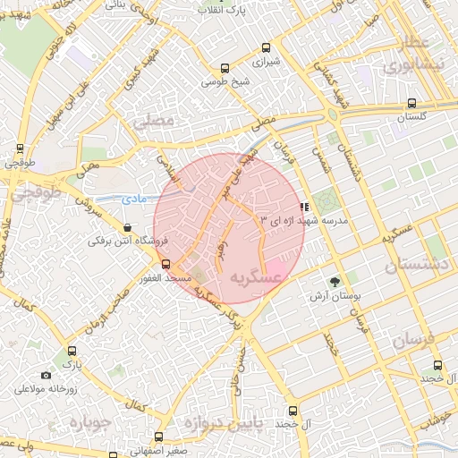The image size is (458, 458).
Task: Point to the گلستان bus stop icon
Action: [x=411, y=102]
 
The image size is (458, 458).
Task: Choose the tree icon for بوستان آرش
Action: [x=335, y=281]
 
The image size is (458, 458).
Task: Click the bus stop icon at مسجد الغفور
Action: [x=165, y=264]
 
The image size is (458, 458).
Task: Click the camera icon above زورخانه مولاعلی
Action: [x=47, y=376]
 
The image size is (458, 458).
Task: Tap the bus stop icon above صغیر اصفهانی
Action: [x=158, y=437]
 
